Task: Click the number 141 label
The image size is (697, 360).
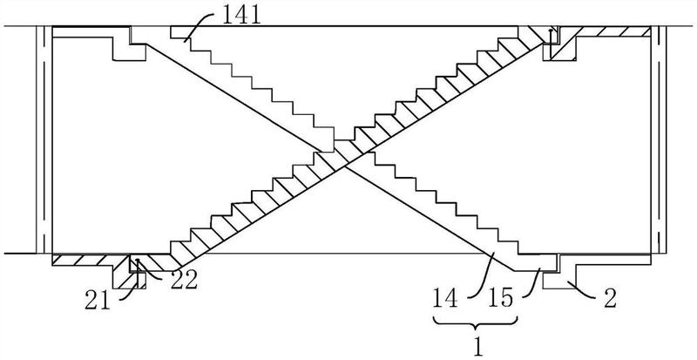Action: click(x=241, y=16)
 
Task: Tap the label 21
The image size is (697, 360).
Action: click(x=98, y=301)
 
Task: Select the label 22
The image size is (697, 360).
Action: click(x=184, y=282)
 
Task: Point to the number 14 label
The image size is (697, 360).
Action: click(x=446, y=299)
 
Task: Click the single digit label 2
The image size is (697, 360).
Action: click(x=611, y=299)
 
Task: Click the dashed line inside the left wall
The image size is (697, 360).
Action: click(x=44, y=139)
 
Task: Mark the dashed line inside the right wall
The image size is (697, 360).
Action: click(x=660, y=139)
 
